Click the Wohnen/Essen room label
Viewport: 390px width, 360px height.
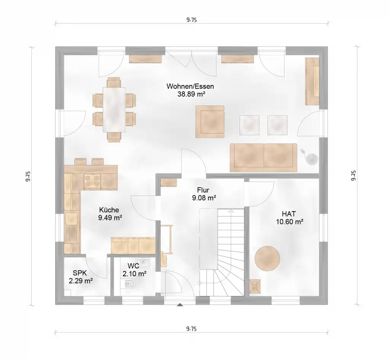(x=190, y=86)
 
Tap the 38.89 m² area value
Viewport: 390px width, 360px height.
(x=191, y=94)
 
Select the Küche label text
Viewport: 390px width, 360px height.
(x=109, y=210)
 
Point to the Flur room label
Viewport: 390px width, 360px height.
(x=203, y=190)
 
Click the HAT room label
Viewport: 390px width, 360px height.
(x=289, y=213)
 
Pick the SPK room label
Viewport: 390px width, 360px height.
(x=80, y=273)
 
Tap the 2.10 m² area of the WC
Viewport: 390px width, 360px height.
(x=134, y=274)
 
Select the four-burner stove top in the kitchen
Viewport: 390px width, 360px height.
(x=92, y=181)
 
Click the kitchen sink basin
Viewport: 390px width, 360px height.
(x=71, y=219)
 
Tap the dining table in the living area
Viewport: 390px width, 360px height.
(x=114, y=109)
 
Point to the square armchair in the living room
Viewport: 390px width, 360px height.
(x=210, y=121)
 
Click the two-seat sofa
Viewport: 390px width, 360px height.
(x=264, y=158)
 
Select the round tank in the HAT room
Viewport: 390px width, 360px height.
(x=267, y=258)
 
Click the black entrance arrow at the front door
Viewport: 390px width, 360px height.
(x=180, y=304)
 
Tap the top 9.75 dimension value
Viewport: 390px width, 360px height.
(x=192, y=20)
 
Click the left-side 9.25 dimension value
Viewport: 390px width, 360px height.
(x=28, y=176)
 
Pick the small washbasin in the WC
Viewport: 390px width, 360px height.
(x=143, y=262)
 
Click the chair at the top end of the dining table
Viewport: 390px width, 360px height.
(x=114, y=82)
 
